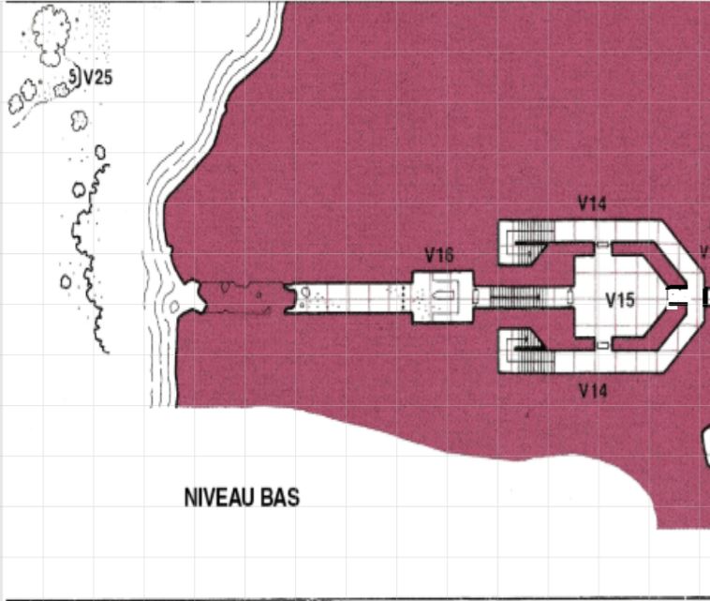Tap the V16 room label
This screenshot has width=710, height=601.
(x=439, y=256)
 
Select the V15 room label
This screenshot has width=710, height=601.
(x=620, y=300)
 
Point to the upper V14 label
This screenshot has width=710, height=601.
(x=592, y=203)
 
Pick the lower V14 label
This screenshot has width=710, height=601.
(x=593, y=390)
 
